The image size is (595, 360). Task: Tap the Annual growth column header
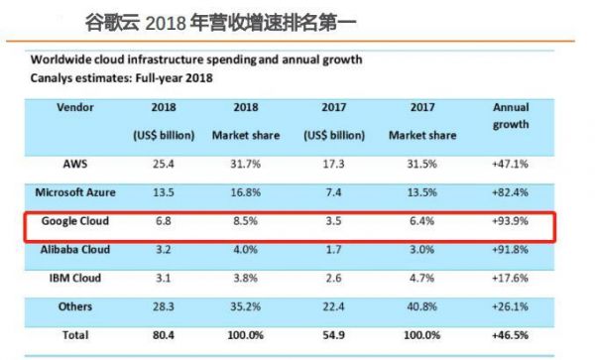(510, 116)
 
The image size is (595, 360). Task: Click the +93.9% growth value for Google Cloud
(511, 221)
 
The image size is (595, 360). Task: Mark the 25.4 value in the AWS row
(165, 163)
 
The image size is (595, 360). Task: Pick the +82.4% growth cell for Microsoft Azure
(511, 192)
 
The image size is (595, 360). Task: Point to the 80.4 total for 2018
(165, 337)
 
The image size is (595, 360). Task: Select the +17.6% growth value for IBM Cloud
(511, 280)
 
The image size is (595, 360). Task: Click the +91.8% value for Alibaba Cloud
(511, 251)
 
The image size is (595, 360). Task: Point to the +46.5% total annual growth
(511, 337)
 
